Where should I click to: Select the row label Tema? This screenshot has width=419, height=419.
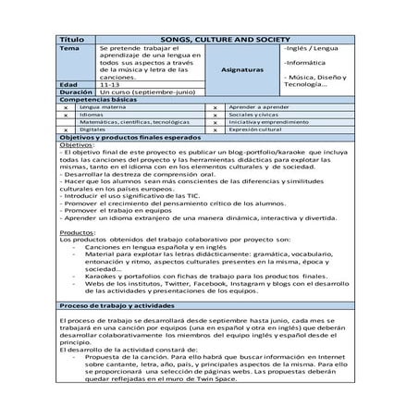(69, 49)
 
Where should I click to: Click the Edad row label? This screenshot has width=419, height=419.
(69, 84)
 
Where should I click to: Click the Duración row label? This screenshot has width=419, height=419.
(76, 92)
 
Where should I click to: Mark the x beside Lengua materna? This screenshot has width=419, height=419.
(66, 108)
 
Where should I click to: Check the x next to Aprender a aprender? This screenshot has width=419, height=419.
(215, 108)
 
